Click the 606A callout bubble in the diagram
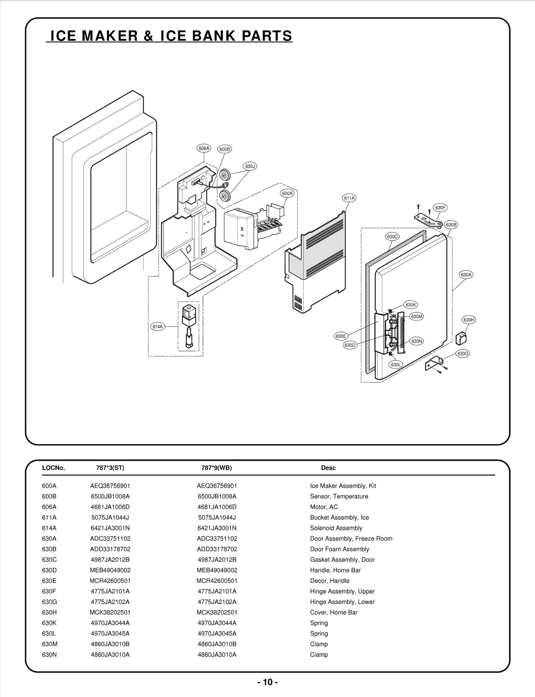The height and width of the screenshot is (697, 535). pyautogui.click(x=204, y=148)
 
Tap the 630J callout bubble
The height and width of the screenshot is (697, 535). pyautogui.click(x=250, y=166)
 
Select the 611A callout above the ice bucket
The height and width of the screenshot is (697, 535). pyautogui.click(x=349, y=198)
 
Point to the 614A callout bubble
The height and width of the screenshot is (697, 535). pyautogui.click(x=157, y=327)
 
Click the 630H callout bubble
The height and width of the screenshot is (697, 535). pyautogui.click(x=469, y=320)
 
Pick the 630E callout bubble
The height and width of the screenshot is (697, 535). pyautogui.click(x=341, y=336)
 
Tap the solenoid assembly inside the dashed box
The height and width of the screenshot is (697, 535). pyautogui.click(x=188, y=326)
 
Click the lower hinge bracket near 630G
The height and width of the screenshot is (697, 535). pyautogui.click(x=433, y=364)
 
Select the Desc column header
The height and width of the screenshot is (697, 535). pyautogui.click(x=328, y=468)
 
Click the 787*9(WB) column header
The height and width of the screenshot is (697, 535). pyautogui.click(x=216, y=468)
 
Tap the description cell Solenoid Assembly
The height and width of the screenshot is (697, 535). pyautogui.click(x=336, y=528)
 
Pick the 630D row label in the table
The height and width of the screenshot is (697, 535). pyautogui.click(x=49, y=570)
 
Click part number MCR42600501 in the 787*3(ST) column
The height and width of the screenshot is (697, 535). pyautogui.click(x=110, y=581)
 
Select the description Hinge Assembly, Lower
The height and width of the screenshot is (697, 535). pyautogui.click(x=342, y=602)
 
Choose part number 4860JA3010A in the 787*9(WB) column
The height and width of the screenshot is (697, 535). pyautogui.click(x=217, y=655)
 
